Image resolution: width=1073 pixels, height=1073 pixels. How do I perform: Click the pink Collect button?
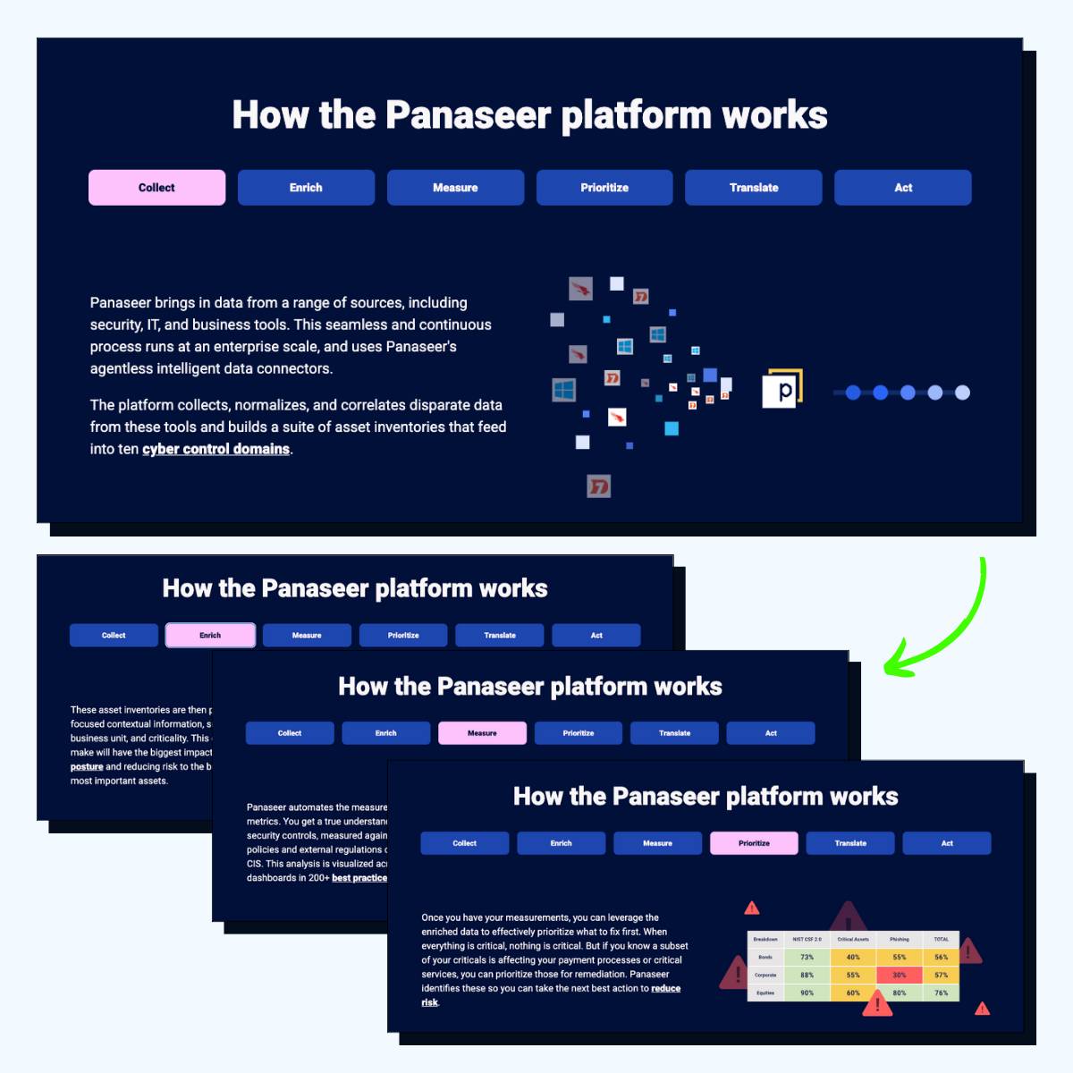pyautogui.click(x=156, y=188)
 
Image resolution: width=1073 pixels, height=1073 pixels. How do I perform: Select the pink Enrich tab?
pyautogui.click(x=210, y=635)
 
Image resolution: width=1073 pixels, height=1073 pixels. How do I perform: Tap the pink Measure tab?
pyautogui.click(x=482, y=733)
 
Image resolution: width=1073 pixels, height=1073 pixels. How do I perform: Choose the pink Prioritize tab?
pyautogui.click(x=754, y=843)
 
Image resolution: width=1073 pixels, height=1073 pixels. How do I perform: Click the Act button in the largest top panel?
pyautogui.click(x=902, y=188)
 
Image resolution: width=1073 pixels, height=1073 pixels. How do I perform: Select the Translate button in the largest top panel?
pyautogui.click(x=753, y=188)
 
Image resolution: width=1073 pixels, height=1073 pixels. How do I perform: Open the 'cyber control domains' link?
pyautogui.click(x=215, y=449)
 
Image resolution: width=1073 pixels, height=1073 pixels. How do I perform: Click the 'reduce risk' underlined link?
pyautogui.click(x=665, y=989)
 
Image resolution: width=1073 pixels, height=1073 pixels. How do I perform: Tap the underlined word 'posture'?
pyautogui.click(x=87, y=766)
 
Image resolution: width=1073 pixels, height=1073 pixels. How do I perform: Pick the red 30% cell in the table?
pyautogui.click(x=899, y=975)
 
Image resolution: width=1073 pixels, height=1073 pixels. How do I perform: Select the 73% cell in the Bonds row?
pyautogui.click(x=807, y=957)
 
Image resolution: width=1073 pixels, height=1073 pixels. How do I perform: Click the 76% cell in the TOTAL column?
pyautogui.click(x=941, y=993)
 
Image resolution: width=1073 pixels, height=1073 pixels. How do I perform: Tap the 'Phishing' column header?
pyautogui.click(x=899, y=939)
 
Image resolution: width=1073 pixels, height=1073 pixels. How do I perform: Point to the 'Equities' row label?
pyautogui.click(x=765, y=993)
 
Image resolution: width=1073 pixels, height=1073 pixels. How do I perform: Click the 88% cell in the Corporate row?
pyautogui.click(x=807, y=975)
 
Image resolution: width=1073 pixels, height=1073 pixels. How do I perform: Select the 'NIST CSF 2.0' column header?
pyautogui.click(x=807, y=939)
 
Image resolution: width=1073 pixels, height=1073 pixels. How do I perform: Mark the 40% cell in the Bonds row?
pyautogui.click(x=853, y=957)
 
